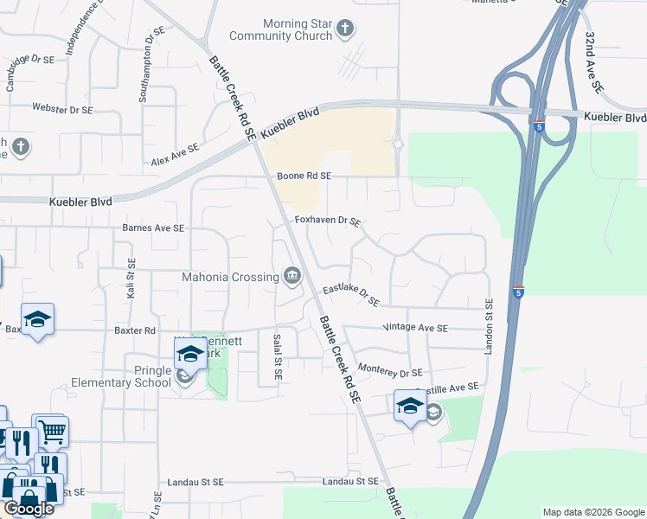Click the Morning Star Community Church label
click(x=280, y=29)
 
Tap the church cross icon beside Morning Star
click(x=344, y=29)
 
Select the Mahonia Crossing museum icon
click(x=292, y=277)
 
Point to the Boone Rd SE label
click(x=304, y=176)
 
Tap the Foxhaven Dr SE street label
click(x=327, y=221)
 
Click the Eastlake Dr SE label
click(x=351, y=294)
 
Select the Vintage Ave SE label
click(x=415, y=329)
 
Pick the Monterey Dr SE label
click(x=389, y=371)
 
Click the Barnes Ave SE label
click(x=154, y=228)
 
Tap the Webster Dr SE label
click(x=61, y=109)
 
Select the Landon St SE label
click(x=489, y=324)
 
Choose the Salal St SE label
click(x=277, y=350)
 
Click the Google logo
click(x=29, y=509)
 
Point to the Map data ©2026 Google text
click(x=593, y=512)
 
